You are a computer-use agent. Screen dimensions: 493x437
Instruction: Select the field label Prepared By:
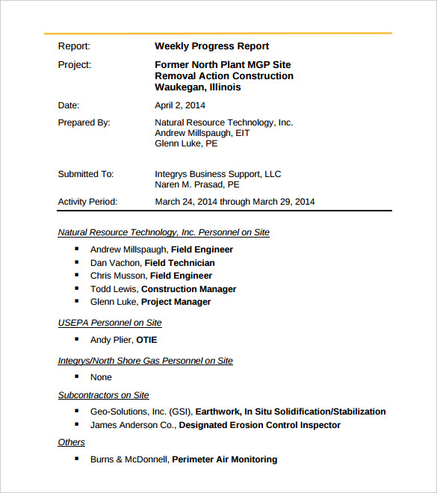pos(84,123)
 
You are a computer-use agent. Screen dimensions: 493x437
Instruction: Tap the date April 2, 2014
pos(180,105)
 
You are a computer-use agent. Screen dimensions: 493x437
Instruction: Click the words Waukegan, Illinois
pos(198,87)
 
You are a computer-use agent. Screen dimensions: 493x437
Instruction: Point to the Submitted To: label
pos(86,174)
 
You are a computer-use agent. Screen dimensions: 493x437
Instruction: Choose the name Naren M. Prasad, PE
pos(197,185)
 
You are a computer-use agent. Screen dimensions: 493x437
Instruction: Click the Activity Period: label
pos(88,202)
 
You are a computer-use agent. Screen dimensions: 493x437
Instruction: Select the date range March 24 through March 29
pos(235,202)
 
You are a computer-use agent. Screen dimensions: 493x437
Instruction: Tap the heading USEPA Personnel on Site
pos(110,323)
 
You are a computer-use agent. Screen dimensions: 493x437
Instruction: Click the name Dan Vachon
pos(116,263)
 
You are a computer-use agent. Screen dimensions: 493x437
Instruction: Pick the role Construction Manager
pos(188,289)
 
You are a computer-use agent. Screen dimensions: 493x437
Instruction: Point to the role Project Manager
pos(176,302)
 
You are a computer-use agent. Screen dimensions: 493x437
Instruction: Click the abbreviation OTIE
pos(146,340)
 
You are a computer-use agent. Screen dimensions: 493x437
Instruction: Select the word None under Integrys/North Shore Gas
pos(101,377)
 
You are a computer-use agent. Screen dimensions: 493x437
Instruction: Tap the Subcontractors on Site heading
pos(104,395)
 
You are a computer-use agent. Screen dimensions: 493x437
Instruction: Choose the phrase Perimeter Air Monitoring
pos(224,459)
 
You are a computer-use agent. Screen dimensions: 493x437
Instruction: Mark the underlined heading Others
pos(72,442)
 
